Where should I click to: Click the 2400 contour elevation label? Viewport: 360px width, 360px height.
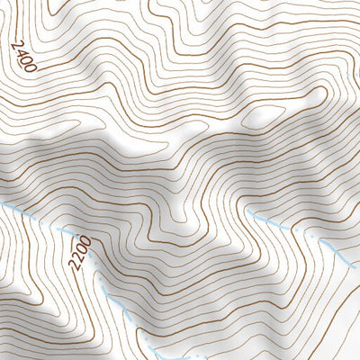coord(24,56)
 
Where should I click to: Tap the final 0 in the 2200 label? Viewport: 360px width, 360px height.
coord(85,239)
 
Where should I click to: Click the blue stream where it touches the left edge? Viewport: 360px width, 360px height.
coord(2,205)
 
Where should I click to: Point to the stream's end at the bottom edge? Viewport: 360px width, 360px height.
coord(153,357)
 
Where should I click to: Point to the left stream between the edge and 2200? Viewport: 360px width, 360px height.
coord(36,219)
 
